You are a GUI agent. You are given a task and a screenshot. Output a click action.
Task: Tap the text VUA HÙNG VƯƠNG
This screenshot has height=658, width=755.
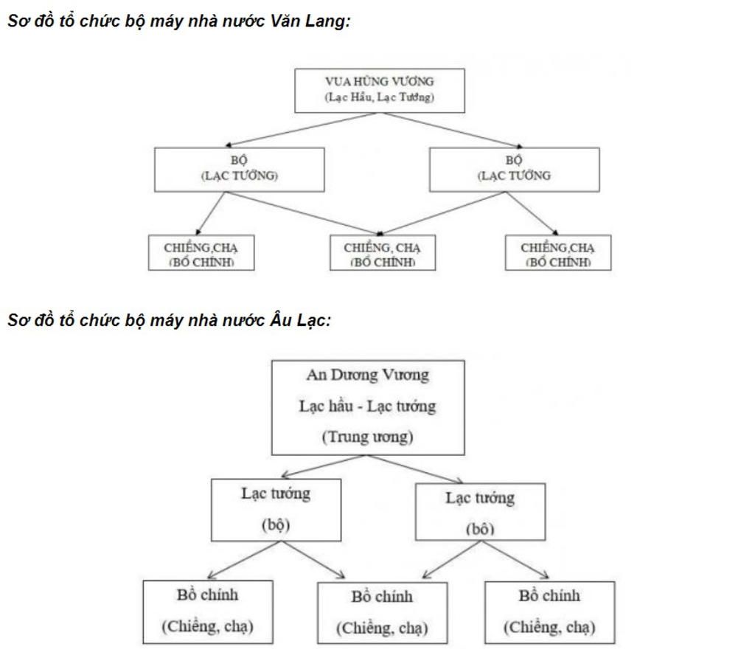click(x=380, y=82)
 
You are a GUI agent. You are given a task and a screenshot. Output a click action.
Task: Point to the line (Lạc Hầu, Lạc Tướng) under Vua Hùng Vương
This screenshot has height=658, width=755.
click(x=380, y=97)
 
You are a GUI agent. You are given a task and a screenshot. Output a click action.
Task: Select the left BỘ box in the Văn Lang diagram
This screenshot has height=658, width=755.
click(x=239, y=169)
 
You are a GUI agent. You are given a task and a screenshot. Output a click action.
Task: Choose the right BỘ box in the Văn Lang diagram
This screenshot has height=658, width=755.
click(x=514, y=169)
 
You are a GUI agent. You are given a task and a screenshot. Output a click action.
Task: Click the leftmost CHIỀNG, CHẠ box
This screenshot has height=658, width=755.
click(x=201, y=253)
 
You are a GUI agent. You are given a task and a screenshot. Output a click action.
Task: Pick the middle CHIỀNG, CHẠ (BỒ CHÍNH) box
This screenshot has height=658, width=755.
click(x=383, y=253)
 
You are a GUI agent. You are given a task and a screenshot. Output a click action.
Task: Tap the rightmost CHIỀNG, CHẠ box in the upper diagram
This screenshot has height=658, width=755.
click(x=557, y=253)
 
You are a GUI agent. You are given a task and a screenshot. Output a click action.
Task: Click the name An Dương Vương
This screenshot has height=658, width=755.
click(x=368, y=375)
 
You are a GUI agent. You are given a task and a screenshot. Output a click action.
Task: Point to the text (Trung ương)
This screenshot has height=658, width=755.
click(x=368, y=437)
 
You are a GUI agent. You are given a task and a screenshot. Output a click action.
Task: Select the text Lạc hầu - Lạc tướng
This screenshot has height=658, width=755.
click(x=368, y=406)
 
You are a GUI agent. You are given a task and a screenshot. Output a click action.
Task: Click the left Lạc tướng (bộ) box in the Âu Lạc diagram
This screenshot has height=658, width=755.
click(x=276, y=510)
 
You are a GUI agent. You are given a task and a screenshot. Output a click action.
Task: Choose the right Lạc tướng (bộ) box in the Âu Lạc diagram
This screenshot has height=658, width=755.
click(x=480, y=512)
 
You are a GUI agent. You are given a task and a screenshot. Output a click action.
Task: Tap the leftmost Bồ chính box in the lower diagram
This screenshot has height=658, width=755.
click(x=207, y=612)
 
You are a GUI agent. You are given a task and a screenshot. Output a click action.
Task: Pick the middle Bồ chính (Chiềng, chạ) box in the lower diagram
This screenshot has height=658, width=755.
click(x=382, y=612)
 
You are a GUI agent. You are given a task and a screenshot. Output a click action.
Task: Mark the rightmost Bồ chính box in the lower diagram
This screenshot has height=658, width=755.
click(x=549, y=612)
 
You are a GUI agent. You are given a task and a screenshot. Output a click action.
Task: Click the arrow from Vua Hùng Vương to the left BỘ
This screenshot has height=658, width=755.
click(x=302, y=129)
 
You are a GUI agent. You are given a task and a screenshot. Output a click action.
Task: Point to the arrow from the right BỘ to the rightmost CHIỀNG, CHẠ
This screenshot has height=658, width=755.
click(x=532, y=213)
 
